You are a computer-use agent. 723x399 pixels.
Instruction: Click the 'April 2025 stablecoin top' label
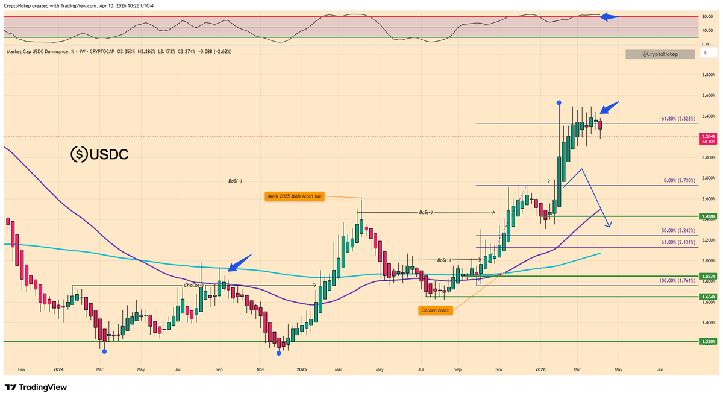coord(293,196)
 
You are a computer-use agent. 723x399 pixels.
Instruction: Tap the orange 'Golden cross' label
coord(435,310)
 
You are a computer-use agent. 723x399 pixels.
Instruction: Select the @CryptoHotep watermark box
coord(660,54)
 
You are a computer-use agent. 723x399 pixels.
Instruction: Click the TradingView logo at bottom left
coord(36,387)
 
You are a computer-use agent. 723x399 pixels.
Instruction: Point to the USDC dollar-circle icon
coord(79,155)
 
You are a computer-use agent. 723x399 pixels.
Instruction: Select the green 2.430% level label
coord(707,216)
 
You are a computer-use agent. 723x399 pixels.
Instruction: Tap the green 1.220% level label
coord(707,341)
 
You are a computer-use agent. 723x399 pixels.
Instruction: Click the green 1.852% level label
coord(707,276)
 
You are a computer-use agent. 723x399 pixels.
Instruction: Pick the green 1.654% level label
coord(707,297)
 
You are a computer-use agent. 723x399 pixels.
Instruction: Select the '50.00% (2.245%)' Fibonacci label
coord(678,230)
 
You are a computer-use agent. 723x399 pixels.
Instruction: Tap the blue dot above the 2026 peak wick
coord(559,103)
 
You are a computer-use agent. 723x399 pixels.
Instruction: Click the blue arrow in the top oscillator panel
coord(610,17)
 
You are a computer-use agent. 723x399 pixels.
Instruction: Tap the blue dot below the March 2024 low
coord(104,351)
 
